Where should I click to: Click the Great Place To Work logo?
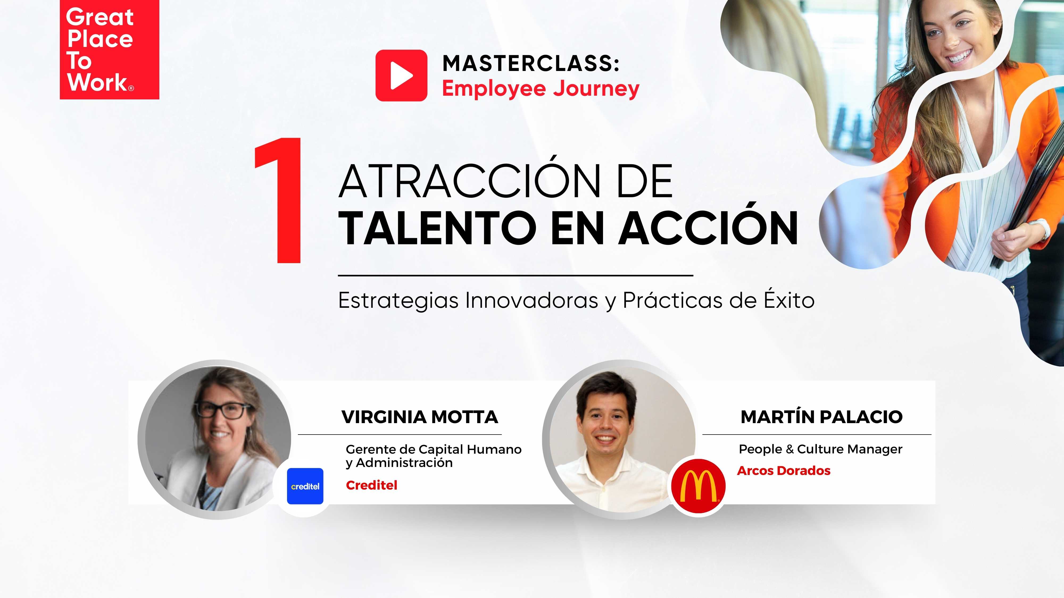pyautogui.click(x=109, y=49)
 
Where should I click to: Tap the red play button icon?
pyautogui.click(x=401, y=75)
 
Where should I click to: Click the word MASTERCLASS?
pyautogui.click(x=531, y=64)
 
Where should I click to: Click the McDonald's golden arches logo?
pyautogui.click(x=698, y=486)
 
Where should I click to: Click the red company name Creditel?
pyautogui.click(x=371, y=485)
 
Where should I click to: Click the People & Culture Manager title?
pyautogui.click(x=820, y=449)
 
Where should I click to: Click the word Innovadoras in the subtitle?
pyautogui.click(x=531, y=300)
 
